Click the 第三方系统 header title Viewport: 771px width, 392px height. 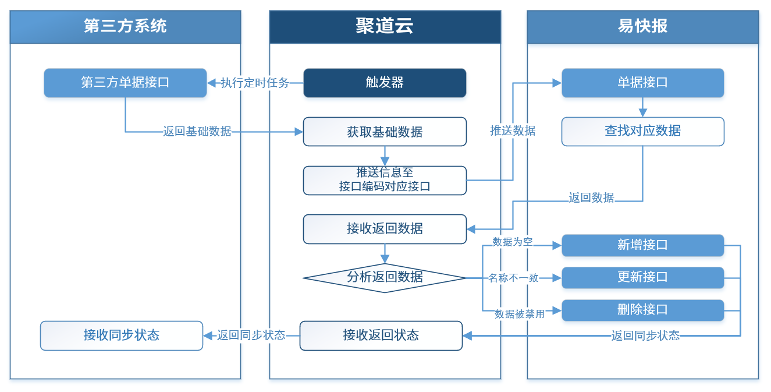coord(125,26)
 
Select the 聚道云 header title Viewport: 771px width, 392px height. coord(385,26)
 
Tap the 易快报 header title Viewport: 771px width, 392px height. coord(642,26)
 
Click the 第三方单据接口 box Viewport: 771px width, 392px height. coord(125,83)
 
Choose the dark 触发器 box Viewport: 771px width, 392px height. coord(385,83)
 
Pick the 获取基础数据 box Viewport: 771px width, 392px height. coord(385,132)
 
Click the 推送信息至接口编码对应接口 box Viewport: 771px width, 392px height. coord(385,180)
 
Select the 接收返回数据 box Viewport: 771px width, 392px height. coord(385,228)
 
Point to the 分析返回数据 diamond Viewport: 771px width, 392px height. coord(385,277)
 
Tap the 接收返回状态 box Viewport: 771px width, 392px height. coord(381,336)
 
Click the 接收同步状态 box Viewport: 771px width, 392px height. coord(122,336)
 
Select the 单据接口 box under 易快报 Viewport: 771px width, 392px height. coord(642,83)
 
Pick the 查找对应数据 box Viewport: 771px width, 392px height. coord(642,131)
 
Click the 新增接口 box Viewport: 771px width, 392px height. coord(642,245)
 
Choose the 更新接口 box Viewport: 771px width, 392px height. coord(642,277)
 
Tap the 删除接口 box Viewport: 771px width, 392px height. coord(642,310)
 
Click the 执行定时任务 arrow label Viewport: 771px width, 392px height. coord(255,83)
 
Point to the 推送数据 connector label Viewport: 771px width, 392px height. coord(513,131)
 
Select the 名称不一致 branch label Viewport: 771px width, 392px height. coord(513,278)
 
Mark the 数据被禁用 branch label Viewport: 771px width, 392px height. coord(519,314)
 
